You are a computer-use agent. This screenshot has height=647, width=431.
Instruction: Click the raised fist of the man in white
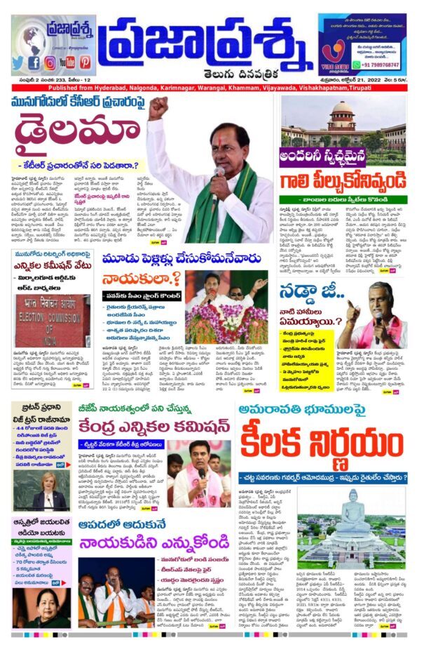click(158, 107)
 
